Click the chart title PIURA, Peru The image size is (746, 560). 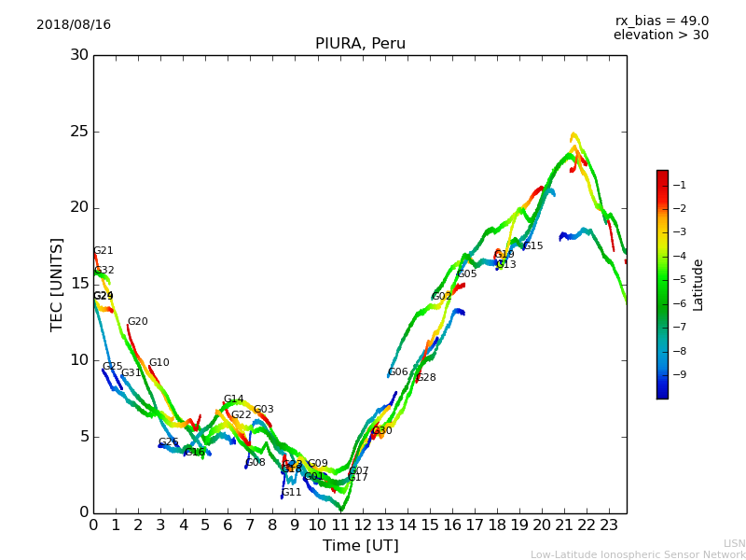tap(360, 44)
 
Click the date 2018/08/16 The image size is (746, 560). tap(74, 25)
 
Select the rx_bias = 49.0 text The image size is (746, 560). tap(661, 21)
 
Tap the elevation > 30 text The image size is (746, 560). tap(660, 35)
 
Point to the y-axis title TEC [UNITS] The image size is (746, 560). tap(57, 284)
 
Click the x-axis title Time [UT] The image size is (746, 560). tap(360, 546)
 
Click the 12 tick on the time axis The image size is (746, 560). tap(362, 525)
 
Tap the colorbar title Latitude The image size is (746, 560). tap(698, 284)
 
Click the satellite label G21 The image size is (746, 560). tap(104, 251)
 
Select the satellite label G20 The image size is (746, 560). tap(138, 322)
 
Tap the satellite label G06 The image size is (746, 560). tap(398, 372)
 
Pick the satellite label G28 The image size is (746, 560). tap(426, 378)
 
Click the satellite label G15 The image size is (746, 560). tap(532, 246)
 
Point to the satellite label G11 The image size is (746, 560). tap(292, 493)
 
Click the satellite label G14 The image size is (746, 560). tap(233, 399)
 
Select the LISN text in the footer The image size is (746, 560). tap(735, 543)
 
